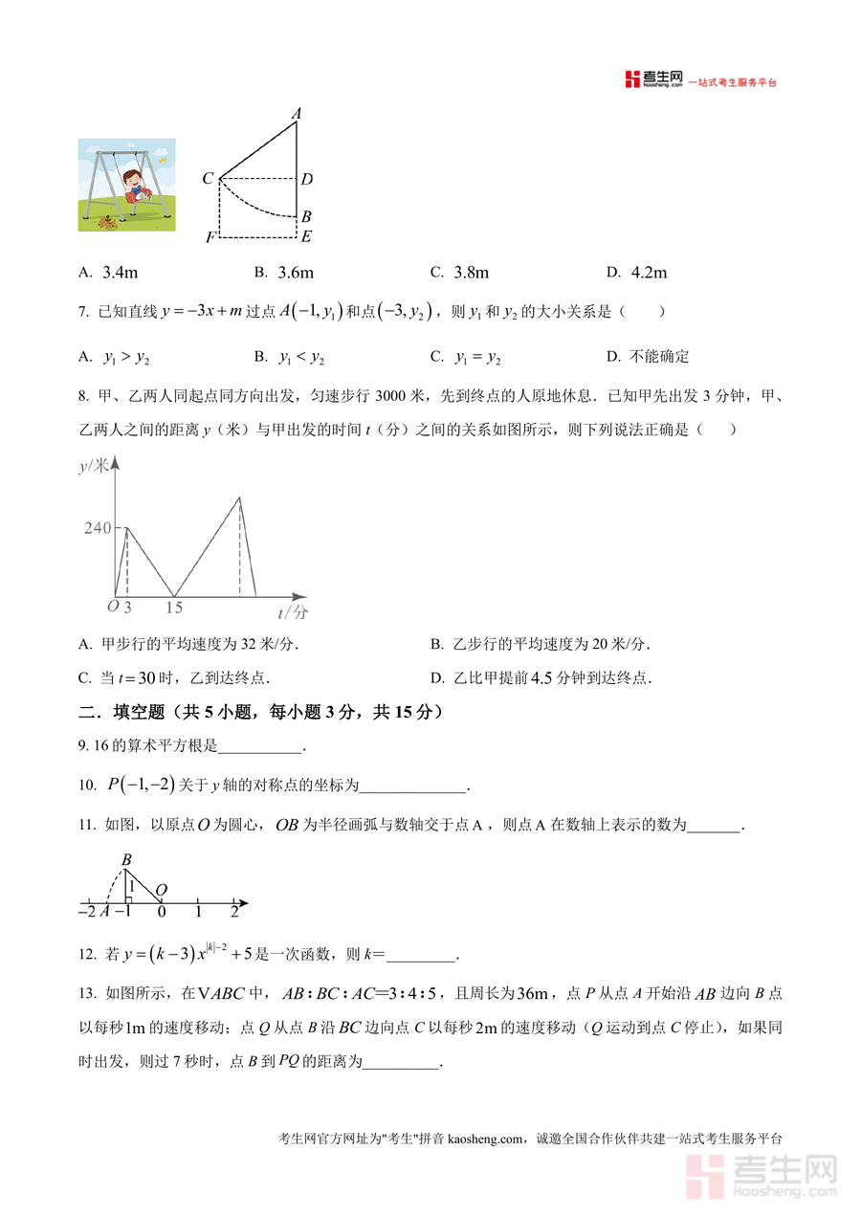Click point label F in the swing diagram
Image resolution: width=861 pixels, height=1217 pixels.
point(210,238)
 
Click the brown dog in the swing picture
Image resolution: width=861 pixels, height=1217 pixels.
point(106,223)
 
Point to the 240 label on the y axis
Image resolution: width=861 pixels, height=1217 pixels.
point(97,528)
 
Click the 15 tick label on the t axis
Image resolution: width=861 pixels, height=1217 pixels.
point(174,608)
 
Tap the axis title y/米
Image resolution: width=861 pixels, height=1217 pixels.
point(93,466)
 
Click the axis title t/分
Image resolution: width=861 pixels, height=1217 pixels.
point(293,611)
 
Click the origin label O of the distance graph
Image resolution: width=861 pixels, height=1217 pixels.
point(112,607)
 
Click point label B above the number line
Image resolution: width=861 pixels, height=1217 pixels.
point(125,860)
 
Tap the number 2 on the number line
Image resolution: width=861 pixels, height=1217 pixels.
point(234,912)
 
